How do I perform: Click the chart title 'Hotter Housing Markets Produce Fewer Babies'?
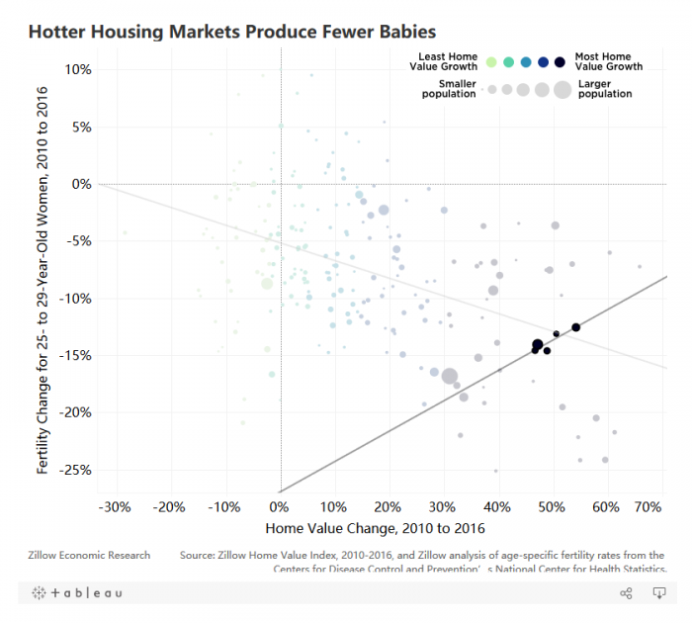pos(231,33)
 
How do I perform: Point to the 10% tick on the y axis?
pos(78,69)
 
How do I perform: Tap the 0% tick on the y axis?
pos(80,184)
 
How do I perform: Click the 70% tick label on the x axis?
pos(648,507)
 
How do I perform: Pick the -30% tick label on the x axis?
pos(116,507)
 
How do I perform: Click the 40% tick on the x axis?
pos(497,507)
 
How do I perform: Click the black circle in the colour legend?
pos(560,62)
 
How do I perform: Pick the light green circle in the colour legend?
pos(491,62)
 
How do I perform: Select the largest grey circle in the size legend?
pos(562,90)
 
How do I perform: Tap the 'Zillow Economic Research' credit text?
pos(90,555)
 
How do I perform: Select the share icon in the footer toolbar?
pos(626,593)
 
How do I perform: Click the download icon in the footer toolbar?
pos(659,593)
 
